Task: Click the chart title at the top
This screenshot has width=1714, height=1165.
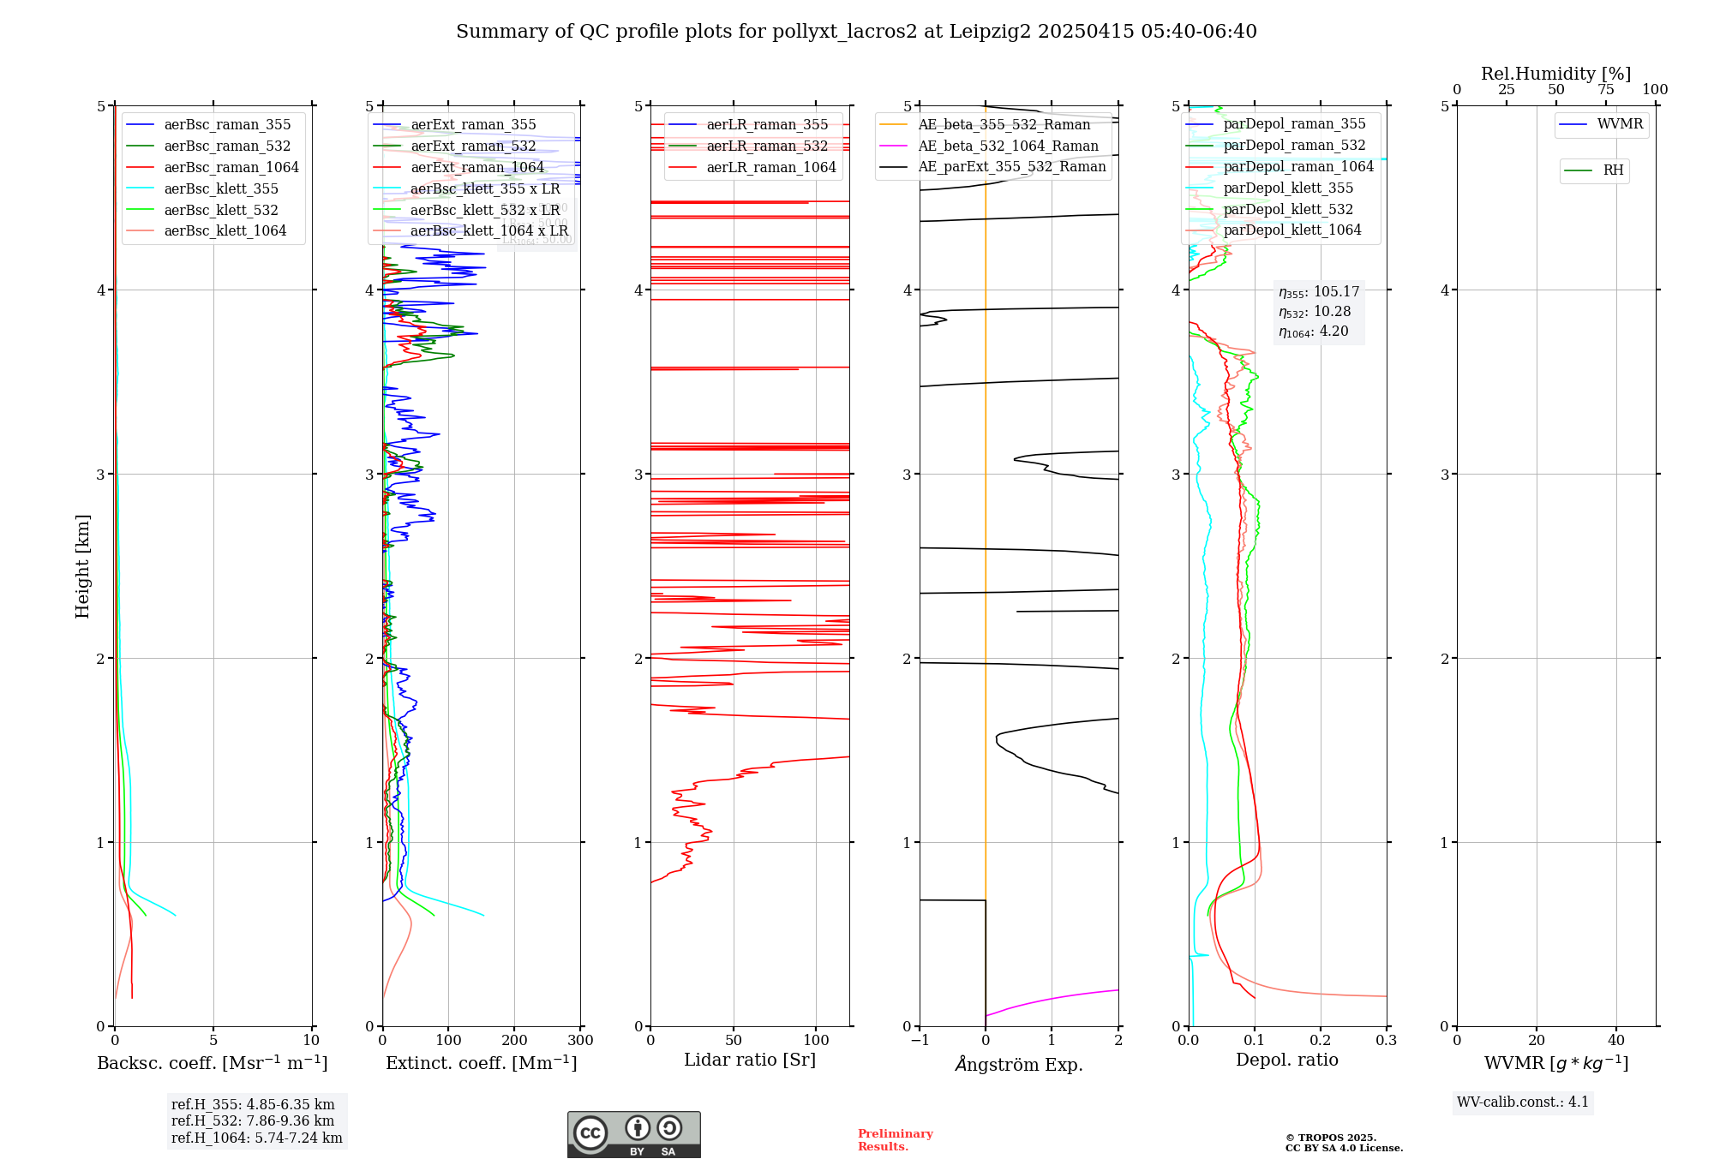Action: click(x=856, y=32)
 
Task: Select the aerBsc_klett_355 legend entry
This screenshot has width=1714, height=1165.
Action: click(x=220, y=188)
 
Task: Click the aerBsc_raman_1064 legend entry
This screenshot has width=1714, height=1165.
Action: click(x=231, y=167)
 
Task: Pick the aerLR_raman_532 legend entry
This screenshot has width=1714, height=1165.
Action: click(x=766, y=146)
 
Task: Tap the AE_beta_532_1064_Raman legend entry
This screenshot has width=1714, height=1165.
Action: click(x=1008, y=146)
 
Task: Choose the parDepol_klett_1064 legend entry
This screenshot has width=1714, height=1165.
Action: click(x=1291, y=230)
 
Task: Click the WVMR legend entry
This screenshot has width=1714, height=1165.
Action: click(x=1619, y=124)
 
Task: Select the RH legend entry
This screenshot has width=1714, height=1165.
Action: click(x=1612, y=170)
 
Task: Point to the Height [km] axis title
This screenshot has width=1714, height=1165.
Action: click(x=82, y=566)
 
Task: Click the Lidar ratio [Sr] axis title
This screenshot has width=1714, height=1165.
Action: click(x=750, y=1060)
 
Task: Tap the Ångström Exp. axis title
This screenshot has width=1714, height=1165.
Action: click(x=1019, y=1064)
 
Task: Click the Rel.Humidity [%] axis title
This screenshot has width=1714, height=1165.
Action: click(x=1555, y=74)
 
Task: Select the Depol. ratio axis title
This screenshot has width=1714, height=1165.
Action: click(x=1286, y=1060)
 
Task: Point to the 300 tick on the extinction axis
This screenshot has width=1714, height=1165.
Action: click(x=581, y=1041)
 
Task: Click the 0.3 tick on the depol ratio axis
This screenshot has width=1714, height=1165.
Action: click(x=1386, y=1041)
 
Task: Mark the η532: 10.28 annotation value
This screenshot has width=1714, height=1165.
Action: click(x=1315, y=312)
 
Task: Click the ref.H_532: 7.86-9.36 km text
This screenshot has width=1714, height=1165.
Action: click(x=253, y=1121)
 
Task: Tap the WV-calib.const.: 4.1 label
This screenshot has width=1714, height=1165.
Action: click(x=1523, y=1102)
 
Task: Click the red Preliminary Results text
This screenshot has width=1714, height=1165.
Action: click(x=895, y=1140)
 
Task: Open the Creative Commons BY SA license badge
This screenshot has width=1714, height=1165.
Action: click(x=633, y=1135)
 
